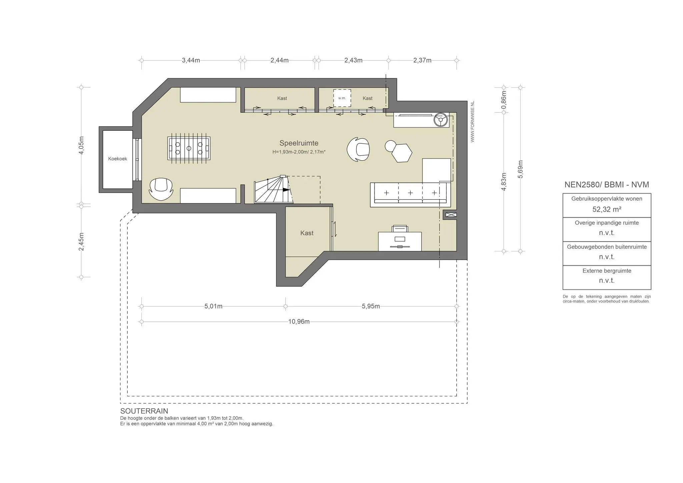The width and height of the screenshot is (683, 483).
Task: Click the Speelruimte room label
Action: tap(299, 143)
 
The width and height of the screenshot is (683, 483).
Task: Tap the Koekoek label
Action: tap(117, 159)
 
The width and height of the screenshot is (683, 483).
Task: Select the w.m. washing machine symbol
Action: tap(342, 98)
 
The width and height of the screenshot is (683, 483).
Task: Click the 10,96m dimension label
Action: tap(299, 322)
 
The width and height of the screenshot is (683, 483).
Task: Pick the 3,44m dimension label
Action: tap(191, 60)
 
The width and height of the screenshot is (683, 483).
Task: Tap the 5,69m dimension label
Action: tap(520, 169)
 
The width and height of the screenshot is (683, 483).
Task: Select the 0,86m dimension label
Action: tap(504, 100)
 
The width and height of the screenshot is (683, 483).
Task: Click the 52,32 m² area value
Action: tap(607, 209)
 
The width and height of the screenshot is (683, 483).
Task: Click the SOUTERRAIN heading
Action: tap(144, 411)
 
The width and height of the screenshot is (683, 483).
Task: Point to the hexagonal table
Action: tap(402, 153)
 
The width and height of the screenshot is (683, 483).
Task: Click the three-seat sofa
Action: tap(410, 195)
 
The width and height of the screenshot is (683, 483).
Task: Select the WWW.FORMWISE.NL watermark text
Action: tap(473, 122)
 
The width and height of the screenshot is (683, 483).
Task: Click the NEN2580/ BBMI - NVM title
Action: tap(607, 185)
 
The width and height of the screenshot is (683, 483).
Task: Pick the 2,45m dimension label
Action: tap(81, 242)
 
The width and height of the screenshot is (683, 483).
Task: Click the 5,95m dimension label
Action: tap(371, 306)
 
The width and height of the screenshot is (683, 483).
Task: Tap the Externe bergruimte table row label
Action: tap(607, 271)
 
